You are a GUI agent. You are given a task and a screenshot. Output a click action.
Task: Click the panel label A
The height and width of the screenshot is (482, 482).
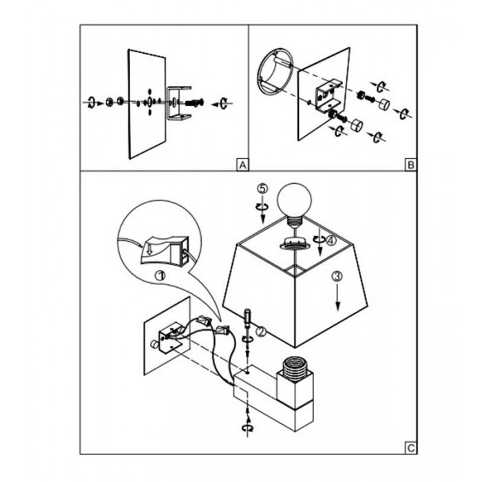point(242,165)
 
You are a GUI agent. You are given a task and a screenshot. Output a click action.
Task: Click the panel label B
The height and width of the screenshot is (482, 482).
point(410,165)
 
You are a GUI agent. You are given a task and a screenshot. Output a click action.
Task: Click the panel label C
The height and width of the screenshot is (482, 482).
point(410,448)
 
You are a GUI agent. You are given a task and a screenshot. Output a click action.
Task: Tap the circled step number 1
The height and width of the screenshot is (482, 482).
point(160,275)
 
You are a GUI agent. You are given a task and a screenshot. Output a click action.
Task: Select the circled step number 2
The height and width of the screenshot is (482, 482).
point(261,331)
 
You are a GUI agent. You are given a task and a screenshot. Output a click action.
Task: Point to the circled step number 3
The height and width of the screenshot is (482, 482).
point(337,277)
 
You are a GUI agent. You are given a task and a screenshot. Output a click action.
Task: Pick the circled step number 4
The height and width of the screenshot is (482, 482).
point(331,240)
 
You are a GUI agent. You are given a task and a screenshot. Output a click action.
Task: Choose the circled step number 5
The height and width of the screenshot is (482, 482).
point(262,188)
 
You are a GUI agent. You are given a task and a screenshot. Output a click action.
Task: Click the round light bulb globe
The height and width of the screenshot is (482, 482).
point(294,200)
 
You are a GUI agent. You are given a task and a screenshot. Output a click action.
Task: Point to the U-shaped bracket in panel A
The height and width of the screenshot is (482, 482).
point(179,103)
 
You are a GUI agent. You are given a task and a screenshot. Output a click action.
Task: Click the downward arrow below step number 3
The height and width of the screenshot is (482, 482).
point(338,297)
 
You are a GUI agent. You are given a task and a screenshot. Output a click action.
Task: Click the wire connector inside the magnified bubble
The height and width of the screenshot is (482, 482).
point(163,249)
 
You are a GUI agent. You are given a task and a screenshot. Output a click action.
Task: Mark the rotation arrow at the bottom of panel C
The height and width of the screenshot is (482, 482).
point(248,428)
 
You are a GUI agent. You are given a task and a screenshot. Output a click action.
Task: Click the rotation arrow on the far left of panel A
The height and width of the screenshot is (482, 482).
point(91,103)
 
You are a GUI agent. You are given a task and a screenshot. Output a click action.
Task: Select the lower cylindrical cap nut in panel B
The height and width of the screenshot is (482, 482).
point(357,125)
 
